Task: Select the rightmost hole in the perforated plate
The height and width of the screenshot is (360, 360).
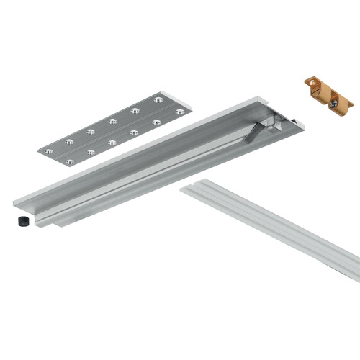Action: [179, 112]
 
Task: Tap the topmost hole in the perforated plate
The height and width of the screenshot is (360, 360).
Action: [158, 99]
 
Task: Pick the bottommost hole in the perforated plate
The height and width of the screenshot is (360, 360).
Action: [70, 162]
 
